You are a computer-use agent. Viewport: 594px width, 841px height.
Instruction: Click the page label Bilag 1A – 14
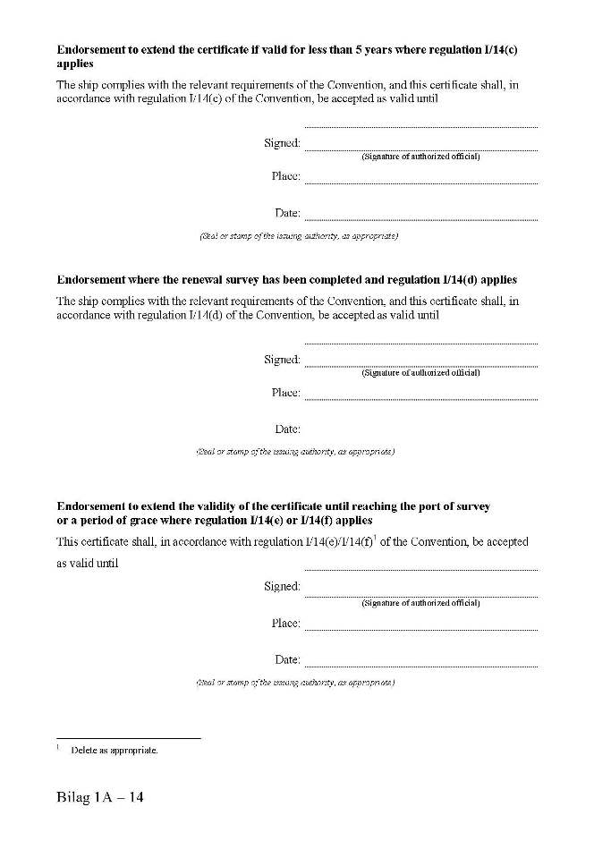pyautogui.click(x=99, y=797)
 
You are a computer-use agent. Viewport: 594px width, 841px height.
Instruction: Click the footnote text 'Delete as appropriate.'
pyautogui.click(x=114, y=750)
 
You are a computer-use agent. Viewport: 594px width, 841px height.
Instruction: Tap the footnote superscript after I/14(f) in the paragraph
pyautogui.click(x=374, y=538)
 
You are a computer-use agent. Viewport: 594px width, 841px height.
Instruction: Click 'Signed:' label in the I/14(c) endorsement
pyautogui.click(x=282, y=143)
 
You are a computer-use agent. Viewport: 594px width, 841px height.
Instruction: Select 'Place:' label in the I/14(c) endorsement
pyautogui.click(x=285, y=176)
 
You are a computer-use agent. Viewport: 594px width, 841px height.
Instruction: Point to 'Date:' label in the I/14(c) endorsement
pyautogui.click(x=287, y=213)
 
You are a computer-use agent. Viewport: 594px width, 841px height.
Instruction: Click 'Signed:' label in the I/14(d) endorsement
pyautogui.click(x=282, y=360)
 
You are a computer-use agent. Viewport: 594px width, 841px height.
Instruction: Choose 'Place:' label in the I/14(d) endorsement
pyautogui.click(x=285, y=393)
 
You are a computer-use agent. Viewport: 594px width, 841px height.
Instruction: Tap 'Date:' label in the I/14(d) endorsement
pyautogui.click(x=287, y=429)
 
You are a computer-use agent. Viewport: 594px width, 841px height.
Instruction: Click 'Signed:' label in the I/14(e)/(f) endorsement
pyautogui.click(x=282, y=587)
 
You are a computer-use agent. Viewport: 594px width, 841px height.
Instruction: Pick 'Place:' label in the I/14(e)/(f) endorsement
pyautogui.click(x=285, y=624)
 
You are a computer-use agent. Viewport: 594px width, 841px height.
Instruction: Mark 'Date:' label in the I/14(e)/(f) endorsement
pyautogui.click(x=287, y=660)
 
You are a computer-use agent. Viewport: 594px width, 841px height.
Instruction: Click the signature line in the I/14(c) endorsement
pyautogui.click(x=420, y=149)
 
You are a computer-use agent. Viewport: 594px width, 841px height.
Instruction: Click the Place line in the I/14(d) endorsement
pyautogui.click(x=420, y=399)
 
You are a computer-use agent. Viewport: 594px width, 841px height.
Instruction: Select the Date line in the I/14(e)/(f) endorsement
pyautogui.click(x=420, y=666)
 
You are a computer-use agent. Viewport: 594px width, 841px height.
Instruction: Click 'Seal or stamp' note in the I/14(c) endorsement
pyautogui.click(x=298, y=236)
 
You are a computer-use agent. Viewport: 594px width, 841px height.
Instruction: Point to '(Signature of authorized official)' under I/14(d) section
pyautogui.click(x=420, y=372)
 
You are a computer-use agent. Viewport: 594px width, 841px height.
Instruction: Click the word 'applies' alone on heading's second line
pyautogui.click(x=75, y=64)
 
